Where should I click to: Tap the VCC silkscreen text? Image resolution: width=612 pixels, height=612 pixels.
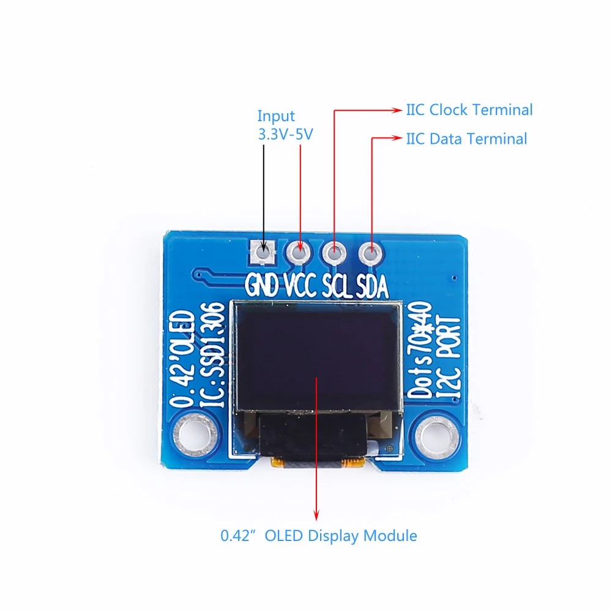[x=300, y=285]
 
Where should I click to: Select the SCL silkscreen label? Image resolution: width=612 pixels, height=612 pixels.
[x=337, y=285]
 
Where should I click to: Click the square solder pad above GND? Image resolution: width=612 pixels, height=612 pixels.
[x=263, y=251]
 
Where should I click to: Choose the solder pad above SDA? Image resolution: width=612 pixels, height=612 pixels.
[x=370, y=251]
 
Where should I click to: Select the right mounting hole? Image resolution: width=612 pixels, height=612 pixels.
[x=437, y=435]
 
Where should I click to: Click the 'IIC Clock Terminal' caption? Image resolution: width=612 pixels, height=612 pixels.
[x=469, y=110]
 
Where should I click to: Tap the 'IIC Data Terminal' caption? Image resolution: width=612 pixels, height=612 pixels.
[x=466, y=139]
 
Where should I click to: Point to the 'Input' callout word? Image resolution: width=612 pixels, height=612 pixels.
[x=276, y=116]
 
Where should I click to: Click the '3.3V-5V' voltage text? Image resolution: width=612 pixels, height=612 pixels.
[x=285, y=134]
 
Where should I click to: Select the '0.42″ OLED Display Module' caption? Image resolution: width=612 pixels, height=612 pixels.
[x=319, y=536]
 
